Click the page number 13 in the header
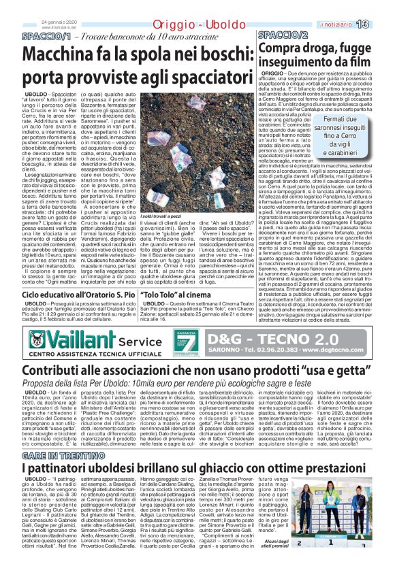pos(380,24)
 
